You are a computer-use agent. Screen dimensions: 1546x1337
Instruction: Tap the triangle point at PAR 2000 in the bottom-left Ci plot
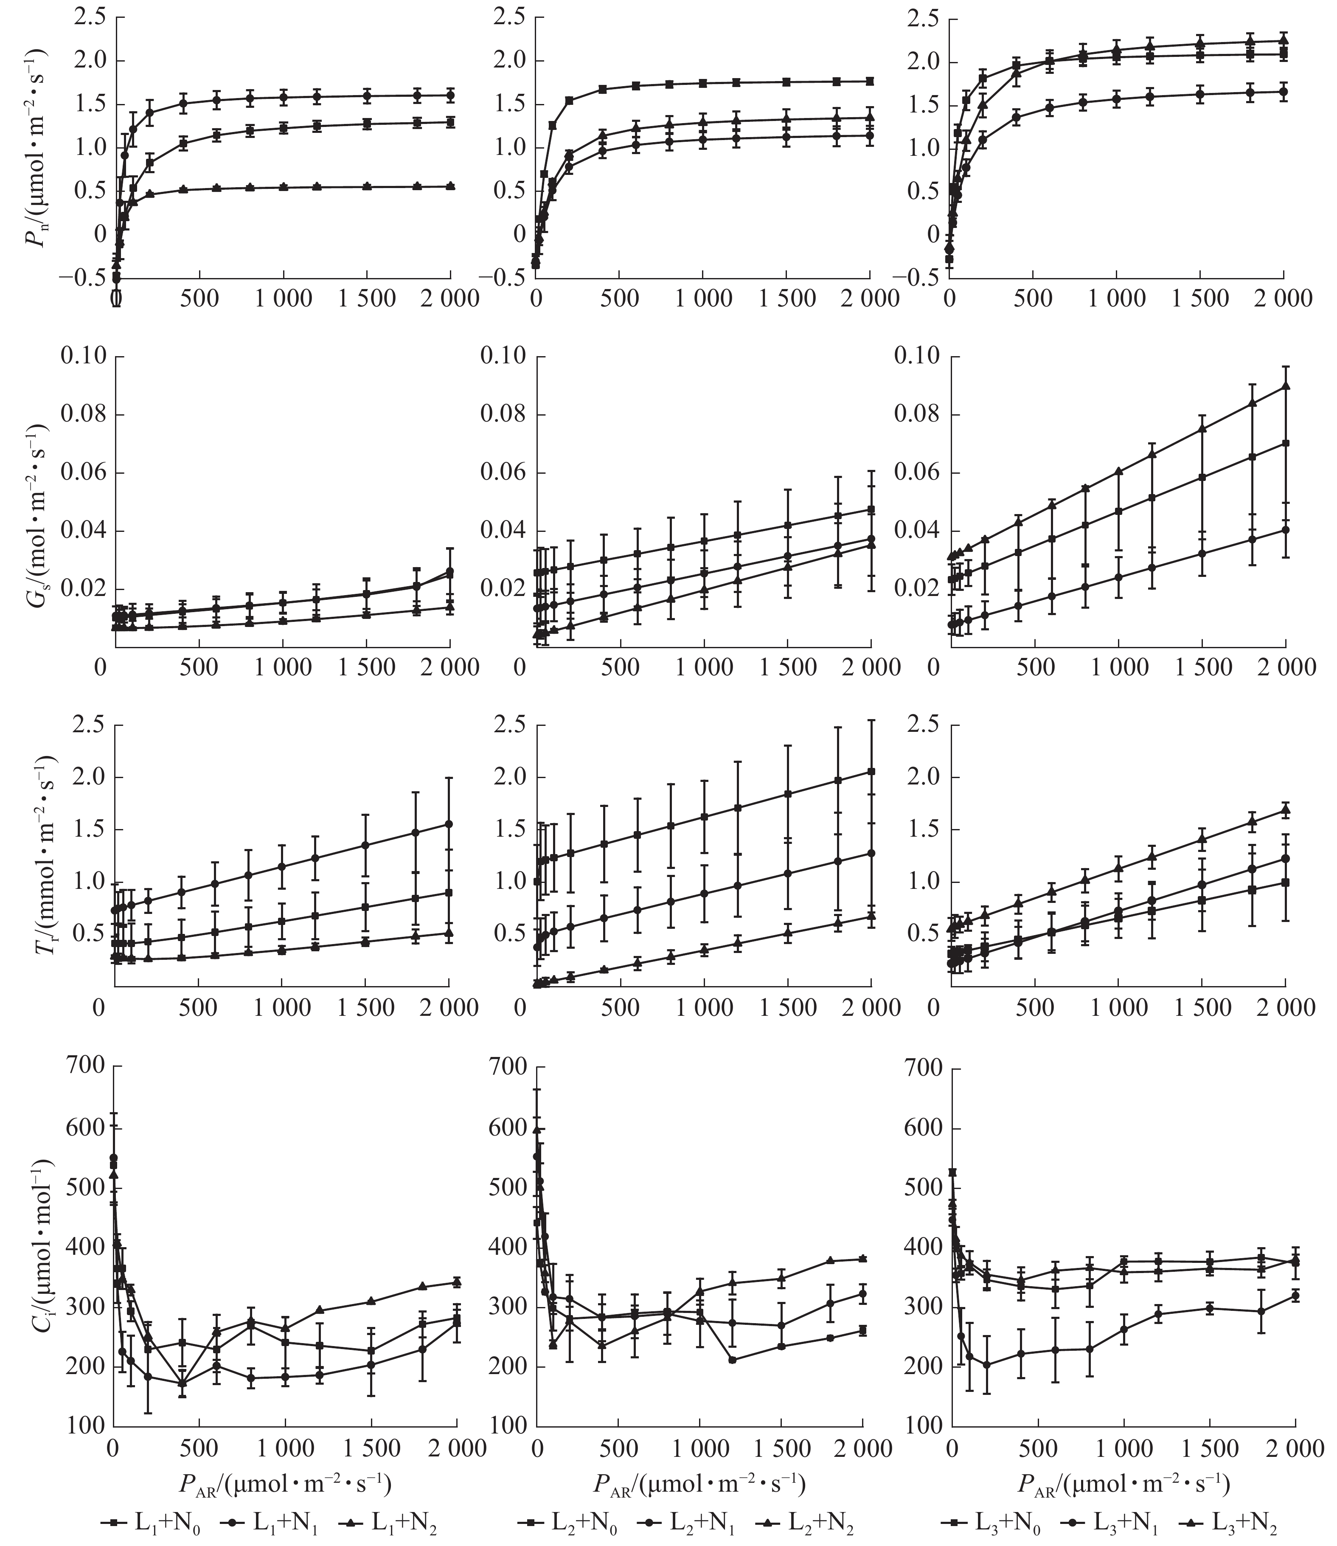(x=456, y=1282)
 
